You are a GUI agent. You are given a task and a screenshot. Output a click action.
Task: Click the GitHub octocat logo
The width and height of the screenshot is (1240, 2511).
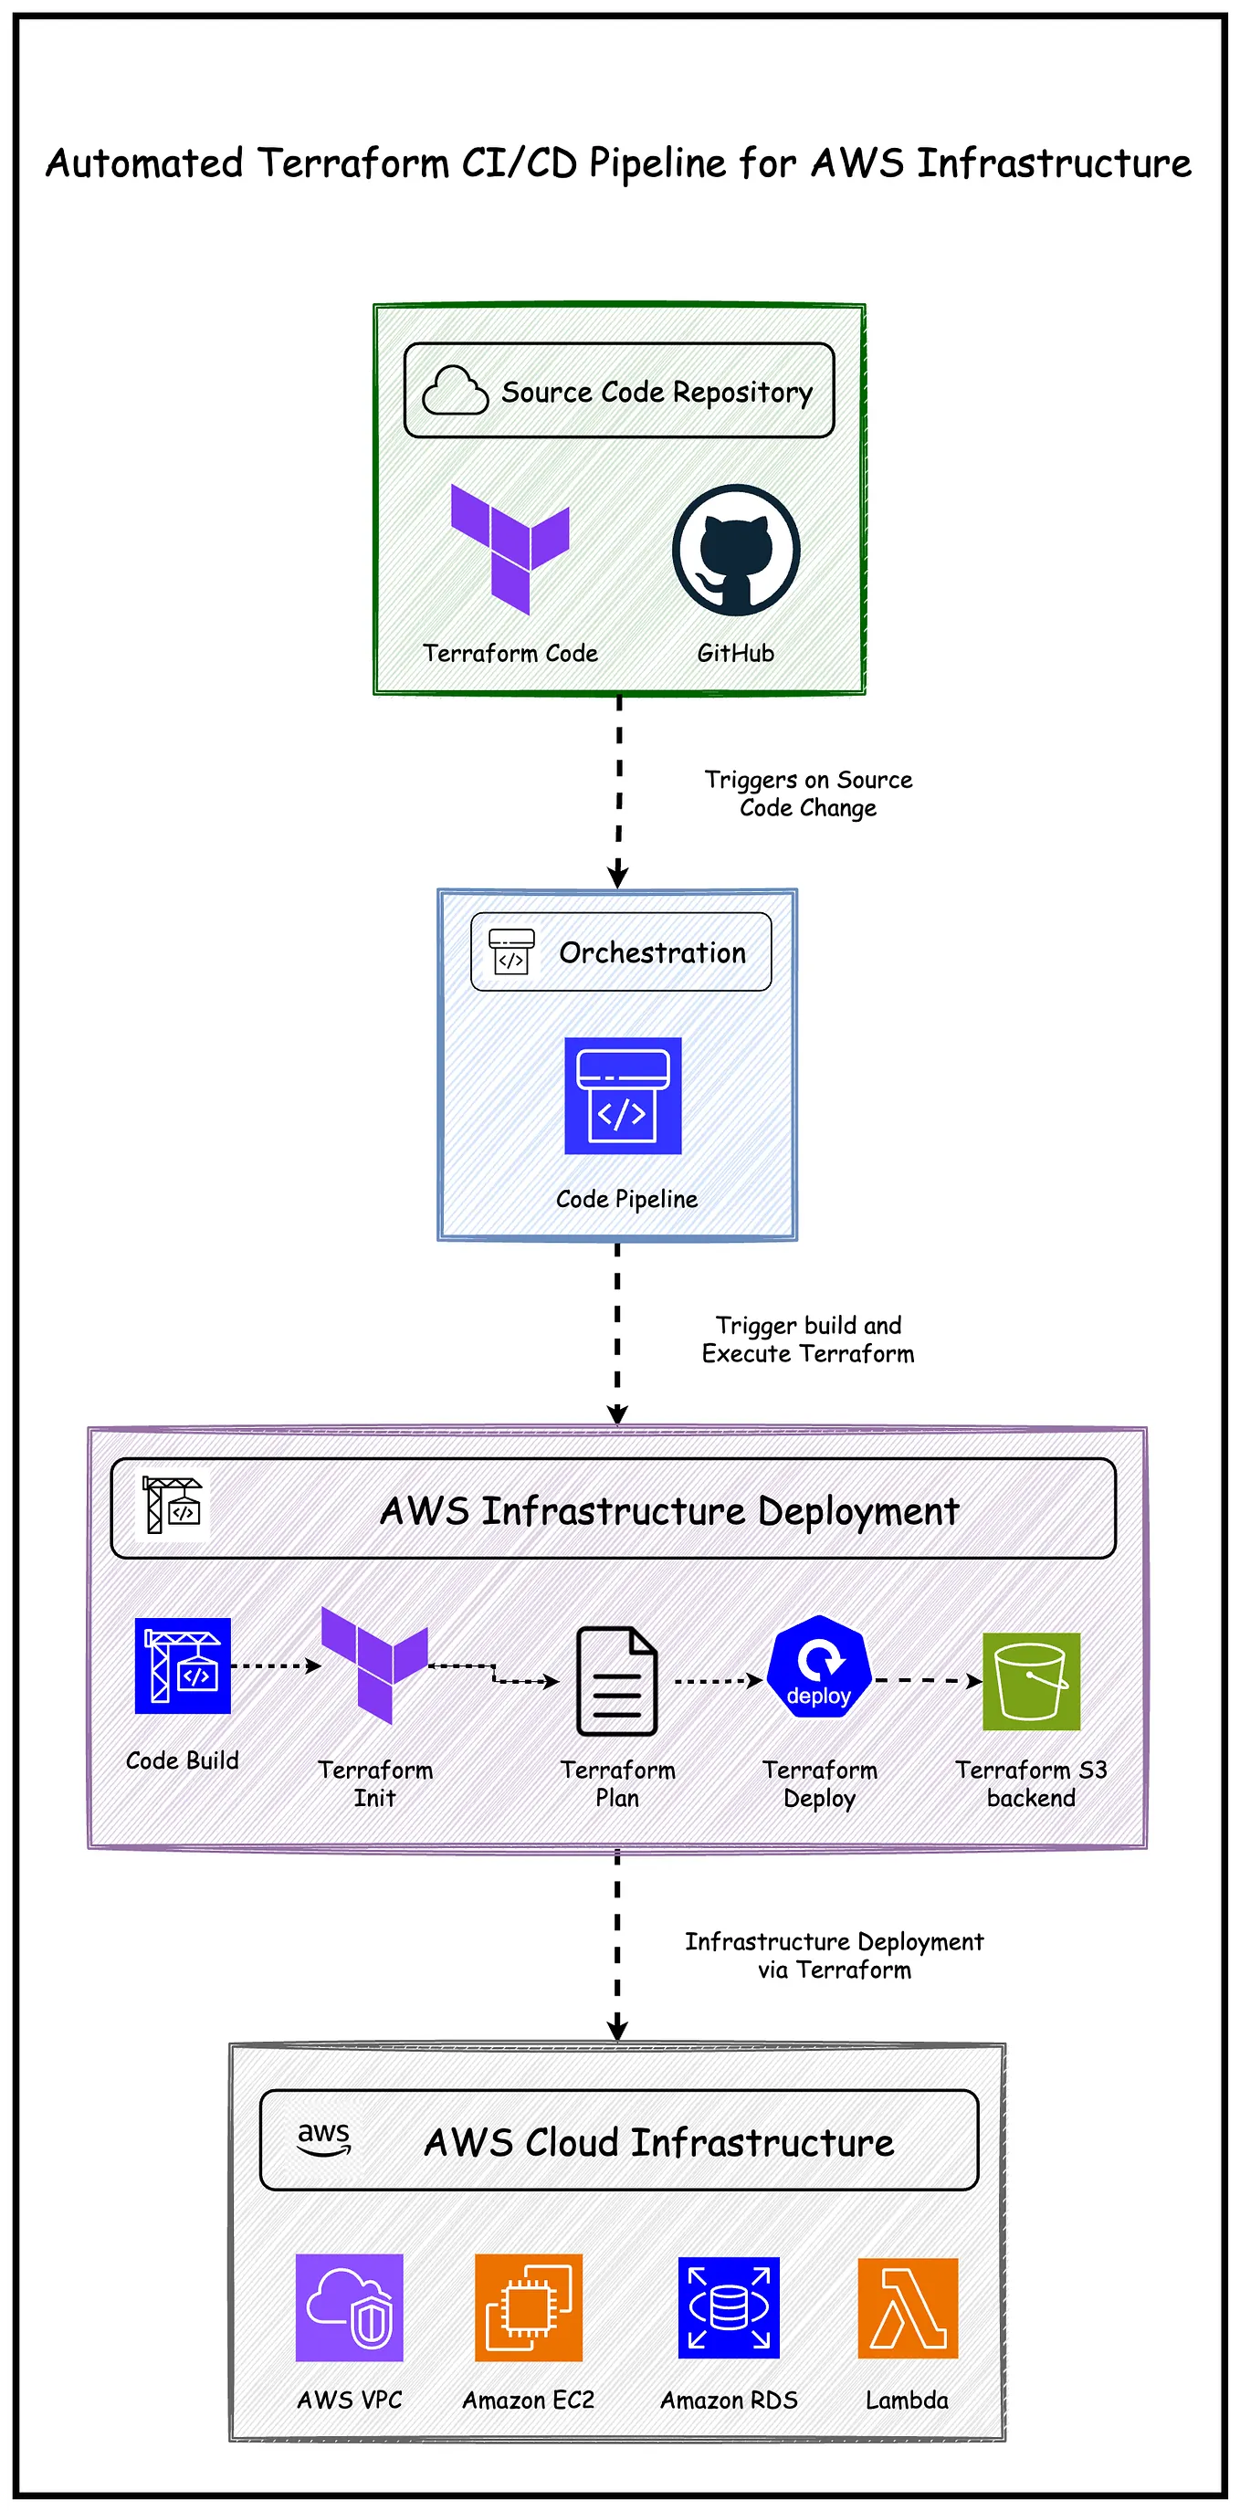pos(736,550)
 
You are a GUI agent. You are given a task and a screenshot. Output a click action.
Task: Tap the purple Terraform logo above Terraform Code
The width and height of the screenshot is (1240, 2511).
pos(510,548)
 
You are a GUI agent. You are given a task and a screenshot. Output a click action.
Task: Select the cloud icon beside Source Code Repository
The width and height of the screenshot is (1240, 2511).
pos(455,391)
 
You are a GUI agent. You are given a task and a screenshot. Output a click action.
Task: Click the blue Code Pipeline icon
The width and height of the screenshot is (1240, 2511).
pos(622,1096)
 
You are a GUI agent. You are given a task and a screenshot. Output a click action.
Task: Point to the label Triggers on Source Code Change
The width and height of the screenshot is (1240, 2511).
pos(808,793)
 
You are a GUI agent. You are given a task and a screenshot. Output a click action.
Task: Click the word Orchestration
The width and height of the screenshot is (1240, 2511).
pos(652,952)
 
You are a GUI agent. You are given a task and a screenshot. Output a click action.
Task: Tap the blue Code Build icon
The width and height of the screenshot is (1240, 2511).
pos(183,1665)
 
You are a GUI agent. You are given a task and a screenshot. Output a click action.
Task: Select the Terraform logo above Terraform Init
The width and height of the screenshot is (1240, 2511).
pos(374,1665)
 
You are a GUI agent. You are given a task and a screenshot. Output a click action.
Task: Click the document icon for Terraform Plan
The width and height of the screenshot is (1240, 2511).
pos(617,1682)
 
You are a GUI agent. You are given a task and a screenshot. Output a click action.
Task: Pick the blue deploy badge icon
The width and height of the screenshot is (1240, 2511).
pos(819,1667)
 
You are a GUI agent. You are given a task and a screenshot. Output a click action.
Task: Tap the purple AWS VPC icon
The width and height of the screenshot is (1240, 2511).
pos(349,2307)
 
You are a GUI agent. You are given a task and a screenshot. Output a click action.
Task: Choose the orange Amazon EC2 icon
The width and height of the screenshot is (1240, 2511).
pos(529,2307)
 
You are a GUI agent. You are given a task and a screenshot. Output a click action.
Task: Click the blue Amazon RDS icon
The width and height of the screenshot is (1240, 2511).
pos(729,2307)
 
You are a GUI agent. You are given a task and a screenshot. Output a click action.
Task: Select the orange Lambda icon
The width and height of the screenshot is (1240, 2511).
pos(908,2307)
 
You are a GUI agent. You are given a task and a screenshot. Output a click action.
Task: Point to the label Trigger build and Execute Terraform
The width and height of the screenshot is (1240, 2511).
pos(808,1340)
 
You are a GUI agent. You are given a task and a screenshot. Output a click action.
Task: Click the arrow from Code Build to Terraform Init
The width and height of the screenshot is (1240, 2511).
pos(276,1665)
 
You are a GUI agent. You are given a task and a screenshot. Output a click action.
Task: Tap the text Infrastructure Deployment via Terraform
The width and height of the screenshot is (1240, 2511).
pos(834,1955)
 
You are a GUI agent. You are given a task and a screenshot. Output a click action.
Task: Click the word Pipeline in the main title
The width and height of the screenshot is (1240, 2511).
pos(657,163)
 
